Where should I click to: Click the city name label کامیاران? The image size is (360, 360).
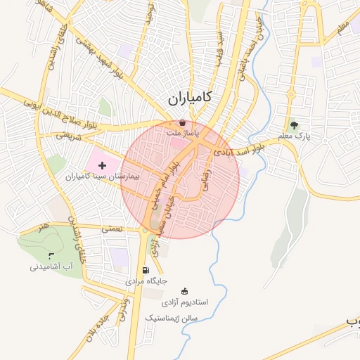point(191,97)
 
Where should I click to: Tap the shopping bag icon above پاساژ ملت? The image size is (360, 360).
point(184,122)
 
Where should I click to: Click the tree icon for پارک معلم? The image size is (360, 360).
point(304,124)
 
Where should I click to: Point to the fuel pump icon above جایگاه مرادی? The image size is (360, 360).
point(146,270)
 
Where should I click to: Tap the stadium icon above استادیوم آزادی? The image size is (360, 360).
point(184,291)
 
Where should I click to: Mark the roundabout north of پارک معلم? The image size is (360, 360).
point(291,94)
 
